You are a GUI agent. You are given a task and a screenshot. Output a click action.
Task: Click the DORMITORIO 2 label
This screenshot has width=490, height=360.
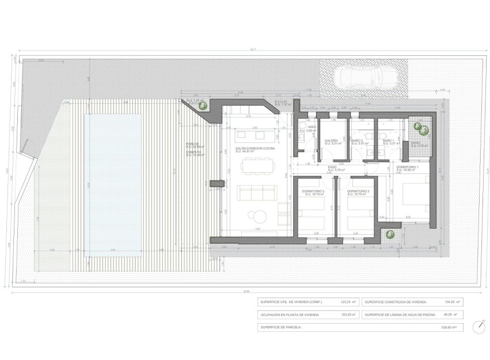point(357,191)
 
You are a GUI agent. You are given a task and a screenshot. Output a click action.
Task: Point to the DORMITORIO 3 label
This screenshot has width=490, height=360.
point(312,191)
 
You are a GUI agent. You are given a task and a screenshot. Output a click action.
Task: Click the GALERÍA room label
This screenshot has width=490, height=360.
point(331,140)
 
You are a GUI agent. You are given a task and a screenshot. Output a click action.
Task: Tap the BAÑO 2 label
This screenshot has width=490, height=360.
point(356,140)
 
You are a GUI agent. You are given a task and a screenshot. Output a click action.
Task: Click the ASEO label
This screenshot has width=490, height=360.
point(312,127)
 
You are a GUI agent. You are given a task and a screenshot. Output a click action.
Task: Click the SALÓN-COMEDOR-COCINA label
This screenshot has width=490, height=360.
point(255,149)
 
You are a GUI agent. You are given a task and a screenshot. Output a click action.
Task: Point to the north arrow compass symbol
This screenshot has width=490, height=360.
point(479,326)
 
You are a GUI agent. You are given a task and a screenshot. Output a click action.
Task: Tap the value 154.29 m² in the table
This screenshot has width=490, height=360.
point(451,302)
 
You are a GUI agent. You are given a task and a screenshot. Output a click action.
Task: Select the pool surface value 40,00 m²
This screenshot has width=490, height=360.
point(451,314)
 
